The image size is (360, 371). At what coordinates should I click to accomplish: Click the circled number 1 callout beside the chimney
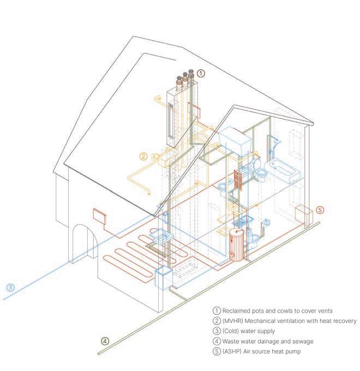(x=201, y=73)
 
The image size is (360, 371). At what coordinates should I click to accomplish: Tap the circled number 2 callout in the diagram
(x=143, y=156)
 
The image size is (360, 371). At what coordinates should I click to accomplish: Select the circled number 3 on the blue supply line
(x=10, y=288)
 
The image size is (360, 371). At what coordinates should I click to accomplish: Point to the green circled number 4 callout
(x=105, y=342)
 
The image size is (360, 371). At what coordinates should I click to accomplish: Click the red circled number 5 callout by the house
(x=320, y=210)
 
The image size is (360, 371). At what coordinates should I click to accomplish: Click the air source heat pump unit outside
(x=302, y=214)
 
